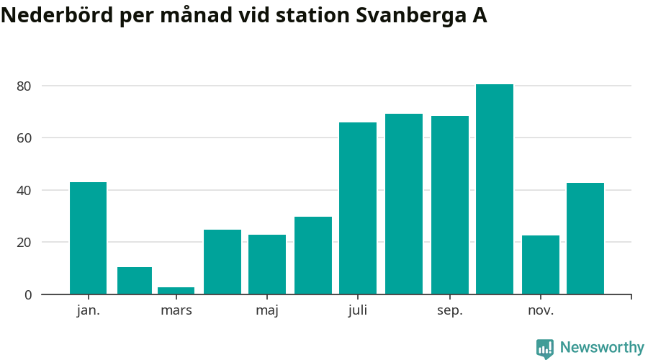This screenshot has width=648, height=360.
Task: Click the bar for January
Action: [x=88, y=238]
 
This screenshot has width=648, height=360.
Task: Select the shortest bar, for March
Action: [x=176, y=291]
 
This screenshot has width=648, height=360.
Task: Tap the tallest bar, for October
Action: [x=495, y=189]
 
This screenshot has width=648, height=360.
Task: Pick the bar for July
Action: [x=358, y=208]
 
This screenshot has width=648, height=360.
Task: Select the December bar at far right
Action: [x=585, y=238]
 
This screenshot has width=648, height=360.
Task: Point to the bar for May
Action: [x=267, y=264]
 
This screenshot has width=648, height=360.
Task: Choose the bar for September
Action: [x=450, y=205]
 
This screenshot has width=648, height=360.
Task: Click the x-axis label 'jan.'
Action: [x=89, y=311]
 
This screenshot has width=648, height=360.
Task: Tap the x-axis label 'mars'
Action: [x=176, y=311]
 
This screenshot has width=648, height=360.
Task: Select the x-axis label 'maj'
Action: [x=267, y=311]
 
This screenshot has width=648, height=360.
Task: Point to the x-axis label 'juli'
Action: [x=358, y=311]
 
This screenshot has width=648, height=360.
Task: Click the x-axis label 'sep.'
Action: [x=450, y=311]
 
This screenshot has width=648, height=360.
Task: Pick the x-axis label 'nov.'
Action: [x=541, y=311]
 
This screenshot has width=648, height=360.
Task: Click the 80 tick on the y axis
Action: [x=24, y=86]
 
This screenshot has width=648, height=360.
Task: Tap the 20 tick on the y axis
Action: [x=24, y=243]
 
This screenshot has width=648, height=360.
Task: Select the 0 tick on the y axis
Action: [x=27, y=294]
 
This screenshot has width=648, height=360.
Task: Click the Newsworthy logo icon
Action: [x=545, y=348]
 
